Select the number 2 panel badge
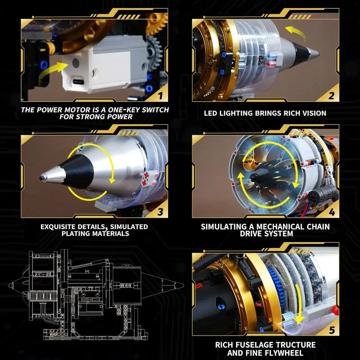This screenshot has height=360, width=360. click(x=331, y=96)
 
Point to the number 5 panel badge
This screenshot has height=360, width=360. click(x=331, y=329)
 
